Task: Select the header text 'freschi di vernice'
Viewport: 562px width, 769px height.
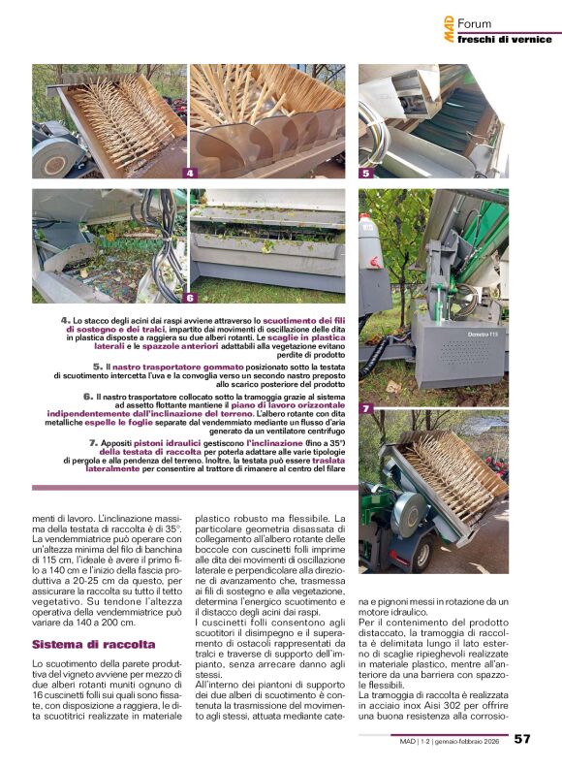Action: tap(504, 39)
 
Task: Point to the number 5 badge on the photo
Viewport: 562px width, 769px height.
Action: tap(365, 174)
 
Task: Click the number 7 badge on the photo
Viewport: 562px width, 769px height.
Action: tap(365, 409)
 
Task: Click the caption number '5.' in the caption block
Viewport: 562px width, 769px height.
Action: tap(98, 367)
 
